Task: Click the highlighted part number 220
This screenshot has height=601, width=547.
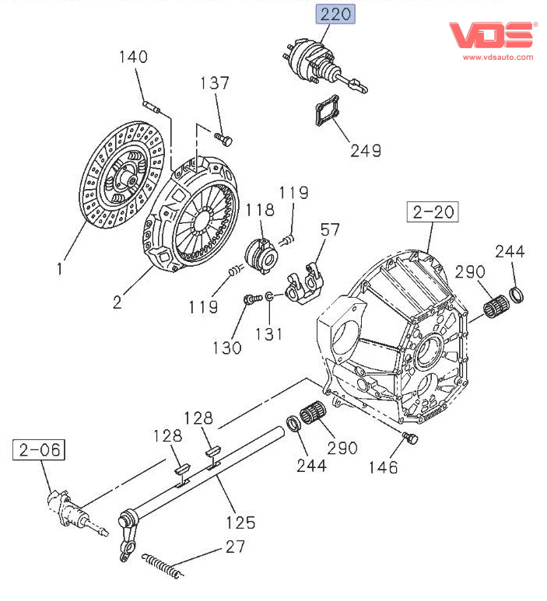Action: click(335, 14)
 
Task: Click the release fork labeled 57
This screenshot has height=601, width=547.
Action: click(303, 283)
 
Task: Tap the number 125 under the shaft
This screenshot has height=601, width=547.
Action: click(240, 522)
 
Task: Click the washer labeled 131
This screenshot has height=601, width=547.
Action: click(268, 296)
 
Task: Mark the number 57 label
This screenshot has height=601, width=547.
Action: click(330, 229)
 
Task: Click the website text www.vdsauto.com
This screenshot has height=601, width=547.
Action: click(498, 57)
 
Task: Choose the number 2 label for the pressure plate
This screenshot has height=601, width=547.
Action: click(117, 302)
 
